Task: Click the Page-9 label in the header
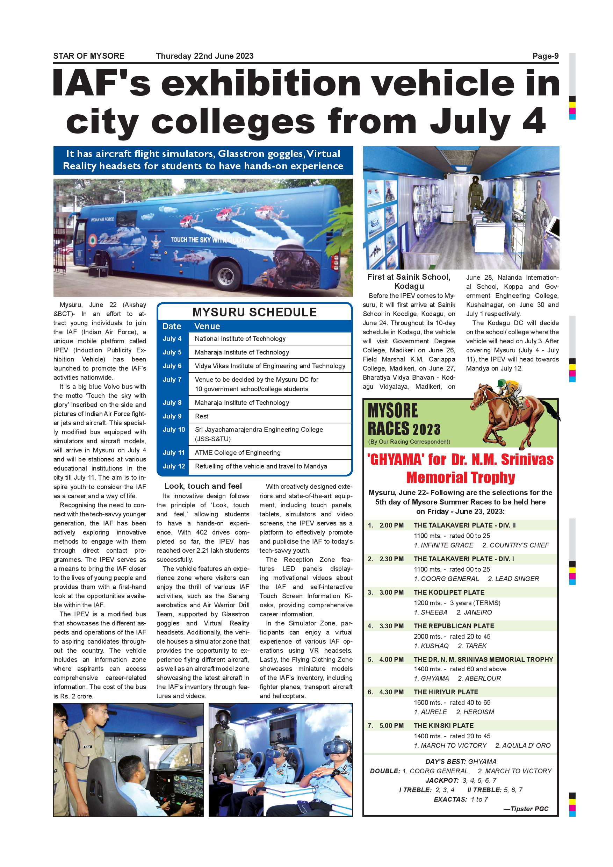click(546, 56)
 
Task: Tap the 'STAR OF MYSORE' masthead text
click(89, 56)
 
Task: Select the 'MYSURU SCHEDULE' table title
click(254, 312)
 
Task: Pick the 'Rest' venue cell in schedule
click(202, 416)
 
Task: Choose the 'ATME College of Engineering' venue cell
click(237, 452)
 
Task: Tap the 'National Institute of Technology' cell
click(240, 339)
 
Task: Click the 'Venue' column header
click(207, 326)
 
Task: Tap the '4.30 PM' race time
click(391, 692)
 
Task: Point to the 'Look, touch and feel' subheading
click(203, 486)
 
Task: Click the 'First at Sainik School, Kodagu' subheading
click(409, 281)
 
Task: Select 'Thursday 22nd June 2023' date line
click(204, 56)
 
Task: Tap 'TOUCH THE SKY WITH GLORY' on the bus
click(210, 240)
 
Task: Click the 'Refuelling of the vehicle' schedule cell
click(261, 466)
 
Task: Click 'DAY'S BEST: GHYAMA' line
click(461, 761)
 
